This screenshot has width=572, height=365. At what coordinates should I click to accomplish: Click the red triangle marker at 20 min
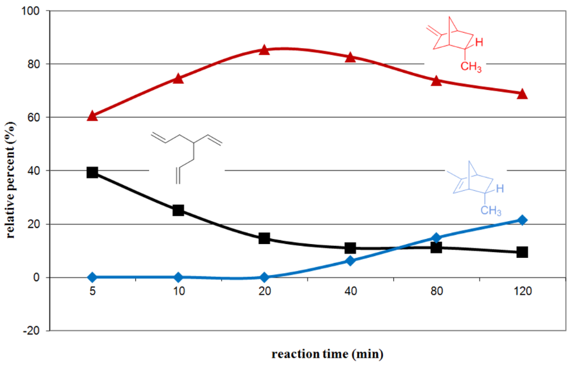pos(264,50)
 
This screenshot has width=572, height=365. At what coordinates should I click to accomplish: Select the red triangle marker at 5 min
pos(93,115)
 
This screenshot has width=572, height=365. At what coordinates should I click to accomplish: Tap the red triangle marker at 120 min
pos(523,94)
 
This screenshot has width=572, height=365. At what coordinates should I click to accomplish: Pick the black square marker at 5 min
pos(93,172)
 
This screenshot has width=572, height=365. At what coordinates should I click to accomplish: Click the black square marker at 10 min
pos(178,210)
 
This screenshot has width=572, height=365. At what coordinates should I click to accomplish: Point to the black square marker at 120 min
pos(523,252)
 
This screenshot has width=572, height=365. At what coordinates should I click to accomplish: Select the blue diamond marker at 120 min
pos(523,220)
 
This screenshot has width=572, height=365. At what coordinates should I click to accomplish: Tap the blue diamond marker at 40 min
pos(351,260)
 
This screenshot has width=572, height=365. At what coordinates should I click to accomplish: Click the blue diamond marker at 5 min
pos(93,277)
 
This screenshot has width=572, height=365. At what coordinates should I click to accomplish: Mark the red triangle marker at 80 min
pos(436,80)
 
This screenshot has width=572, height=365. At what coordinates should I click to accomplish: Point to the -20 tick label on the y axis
pos(30,330)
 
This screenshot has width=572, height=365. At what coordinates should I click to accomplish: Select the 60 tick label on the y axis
pos(33,117)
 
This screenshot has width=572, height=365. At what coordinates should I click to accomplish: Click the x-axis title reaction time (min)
pos(327,353)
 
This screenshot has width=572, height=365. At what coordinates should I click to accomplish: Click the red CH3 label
pos(471,66)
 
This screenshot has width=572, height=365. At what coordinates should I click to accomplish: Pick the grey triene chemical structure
pos(188,155)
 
